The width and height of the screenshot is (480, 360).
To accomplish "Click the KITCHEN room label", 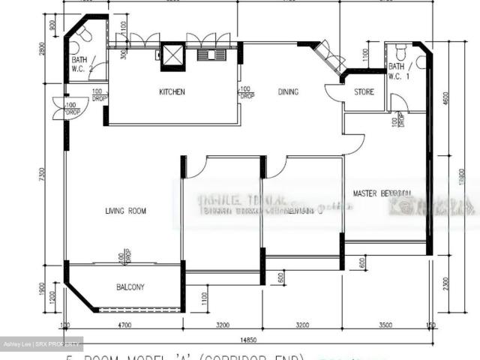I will click(172, 92).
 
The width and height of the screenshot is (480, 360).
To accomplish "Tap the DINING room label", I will click(288, 92).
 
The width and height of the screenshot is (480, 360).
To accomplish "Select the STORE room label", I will click(365, 92).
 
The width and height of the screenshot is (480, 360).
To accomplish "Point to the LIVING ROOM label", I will click(126, 211).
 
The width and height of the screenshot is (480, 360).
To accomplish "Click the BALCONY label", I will click(130, 287).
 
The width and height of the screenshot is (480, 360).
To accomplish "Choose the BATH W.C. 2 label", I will click(82, 64).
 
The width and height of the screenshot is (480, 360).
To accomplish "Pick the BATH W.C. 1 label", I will click(399, 71).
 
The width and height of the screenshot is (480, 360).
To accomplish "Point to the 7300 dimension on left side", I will click(52, 174).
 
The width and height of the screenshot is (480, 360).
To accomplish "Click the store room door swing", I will click(334, 93).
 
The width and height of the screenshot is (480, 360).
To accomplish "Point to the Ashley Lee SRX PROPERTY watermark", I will click(42, 345).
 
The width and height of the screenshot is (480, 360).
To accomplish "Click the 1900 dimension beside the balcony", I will click(52, 289).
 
